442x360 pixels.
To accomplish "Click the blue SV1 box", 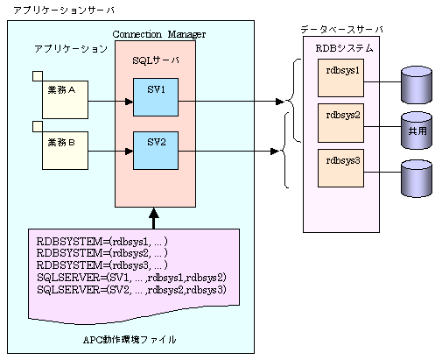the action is (x=156, y=97).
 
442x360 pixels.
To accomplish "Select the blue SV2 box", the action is (x=156, y=151).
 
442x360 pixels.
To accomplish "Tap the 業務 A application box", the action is (x=65, y=100).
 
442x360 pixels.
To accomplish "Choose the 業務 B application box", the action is (x=65, y=151).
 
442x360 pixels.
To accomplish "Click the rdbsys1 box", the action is (x=340, y=78).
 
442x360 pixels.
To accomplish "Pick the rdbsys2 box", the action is (x=340, y=123).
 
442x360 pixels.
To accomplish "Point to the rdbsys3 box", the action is (x=340, y=168).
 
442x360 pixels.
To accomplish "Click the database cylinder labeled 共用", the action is (x=417, y=131).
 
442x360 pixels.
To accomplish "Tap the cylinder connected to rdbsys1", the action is (x=417, y=85).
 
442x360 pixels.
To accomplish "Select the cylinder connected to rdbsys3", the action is (x=417, y=178).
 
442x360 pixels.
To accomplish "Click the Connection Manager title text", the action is (x=159, y=34).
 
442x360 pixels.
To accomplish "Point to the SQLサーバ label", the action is (x=156, y=60).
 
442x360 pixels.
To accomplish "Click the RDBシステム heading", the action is (x=344, y=48).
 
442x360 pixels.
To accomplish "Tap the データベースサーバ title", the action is (x=341, y=29).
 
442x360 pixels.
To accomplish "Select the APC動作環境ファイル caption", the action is (x=130, y=340).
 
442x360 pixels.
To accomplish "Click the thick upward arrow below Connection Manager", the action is (x=154, y=218).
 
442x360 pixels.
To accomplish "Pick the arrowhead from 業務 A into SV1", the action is (x=129, y=102).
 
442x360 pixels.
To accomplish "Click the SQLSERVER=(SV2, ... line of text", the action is (x=131, y=290).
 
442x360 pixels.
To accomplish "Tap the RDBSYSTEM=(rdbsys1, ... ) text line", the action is (x=102, y=242).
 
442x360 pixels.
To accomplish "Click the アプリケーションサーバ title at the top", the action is (x=64, y=11).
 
